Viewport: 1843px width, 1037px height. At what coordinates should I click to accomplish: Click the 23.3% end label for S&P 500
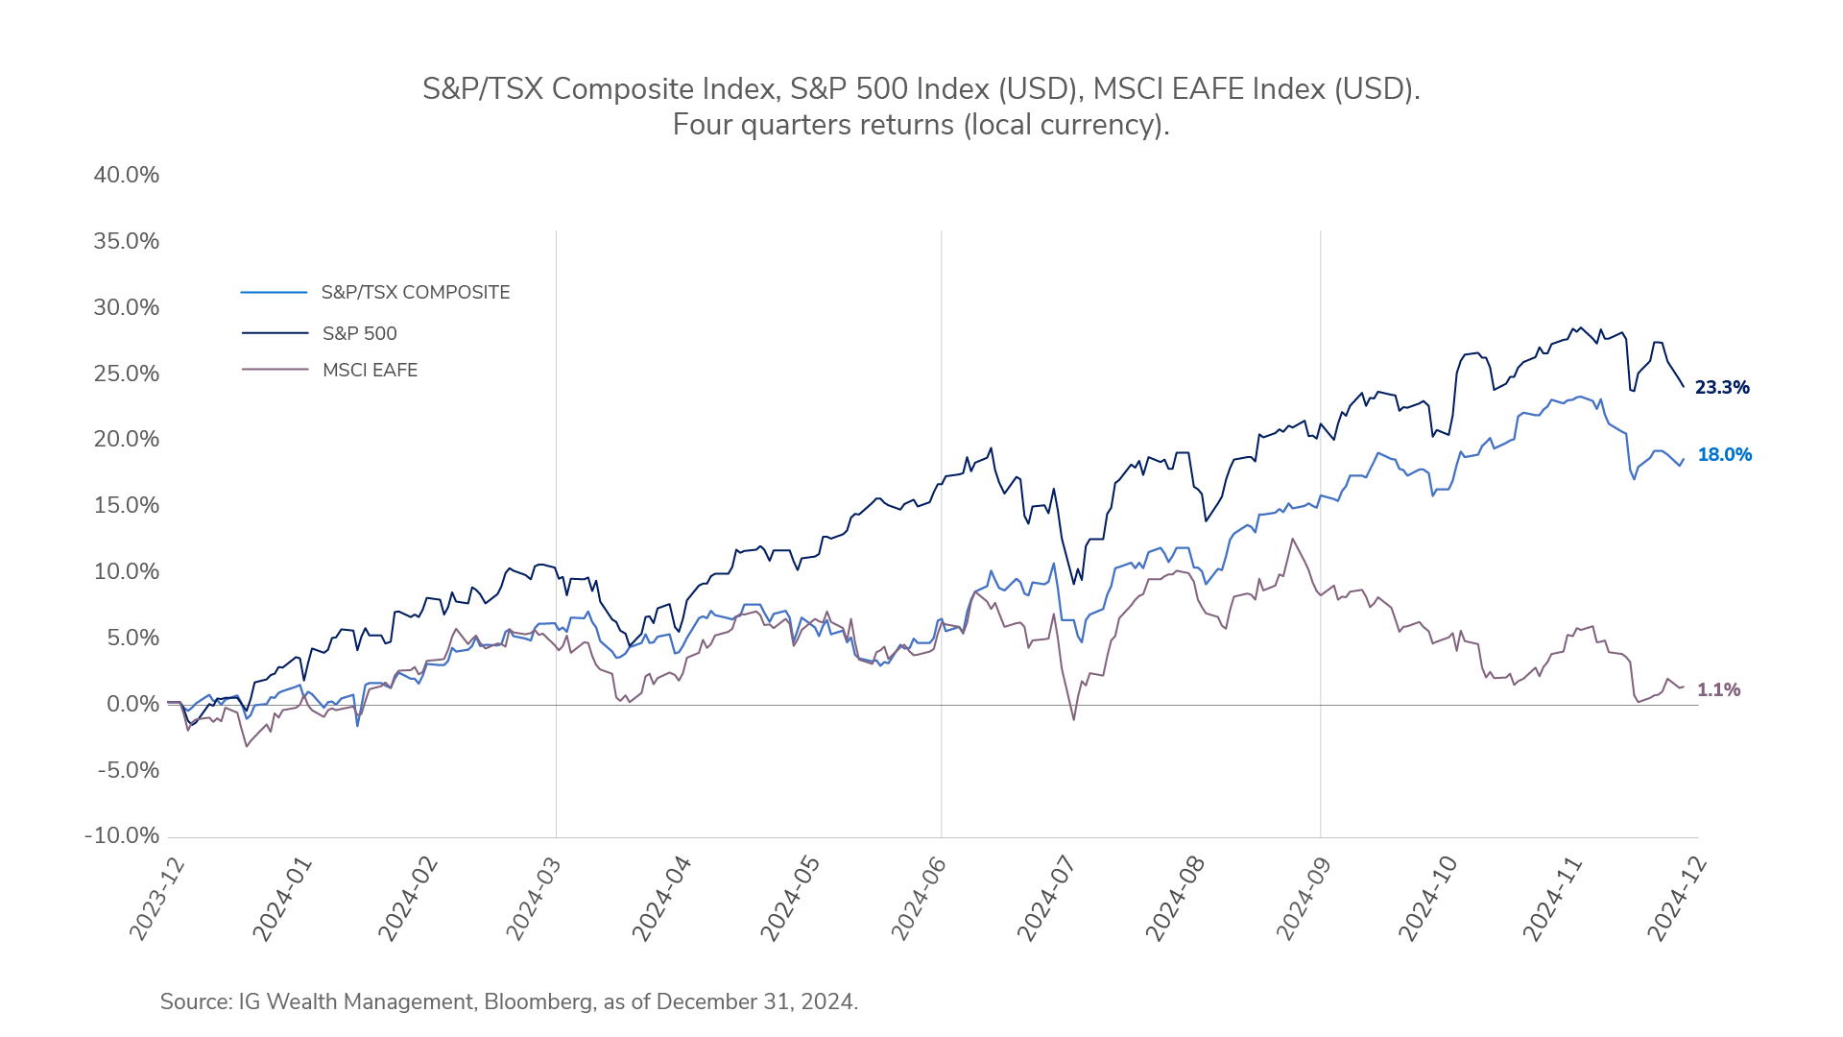1721,388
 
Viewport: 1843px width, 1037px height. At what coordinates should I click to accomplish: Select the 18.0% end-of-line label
1724,455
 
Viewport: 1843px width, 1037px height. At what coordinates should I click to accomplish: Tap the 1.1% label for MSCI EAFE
1718,690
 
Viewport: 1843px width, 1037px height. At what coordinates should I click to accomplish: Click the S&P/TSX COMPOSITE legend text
415,293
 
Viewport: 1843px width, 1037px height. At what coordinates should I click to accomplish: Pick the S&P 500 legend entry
359,334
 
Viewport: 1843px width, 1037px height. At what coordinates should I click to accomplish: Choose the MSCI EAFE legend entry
370,371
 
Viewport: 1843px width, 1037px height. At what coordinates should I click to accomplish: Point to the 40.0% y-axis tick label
127,176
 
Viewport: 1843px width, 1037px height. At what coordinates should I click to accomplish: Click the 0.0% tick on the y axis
132,705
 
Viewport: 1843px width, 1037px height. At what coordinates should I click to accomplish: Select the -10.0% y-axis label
123,836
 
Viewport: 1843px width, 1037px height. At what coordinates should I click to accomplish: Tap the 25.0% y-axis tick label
127,374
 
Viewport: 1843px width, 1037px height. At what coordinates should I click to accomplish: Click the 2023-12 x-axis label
156,900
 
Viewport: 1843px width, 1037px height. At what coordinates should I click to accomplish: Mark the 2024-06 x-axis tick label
919,900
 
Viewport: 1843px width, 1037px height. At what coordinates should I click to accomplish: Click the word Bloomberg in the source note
538,1002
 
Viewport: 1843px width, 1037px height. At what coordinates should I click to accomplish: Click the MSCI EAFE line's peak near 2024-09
1292,540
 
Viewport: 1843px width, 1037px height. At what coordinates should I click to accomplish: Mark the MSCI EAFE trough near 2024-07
1073,719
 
